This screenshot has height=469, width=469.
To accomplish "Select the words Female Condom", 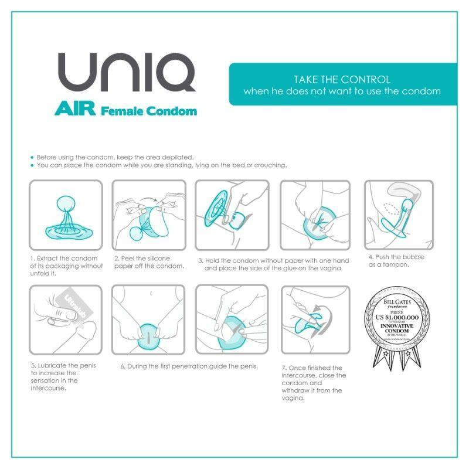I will [149, 110].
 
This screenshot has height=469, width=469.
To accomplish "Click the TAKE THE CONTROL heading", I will [342, 79].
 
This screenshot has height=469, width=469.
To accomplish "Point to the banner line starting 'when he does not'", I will [342, 91].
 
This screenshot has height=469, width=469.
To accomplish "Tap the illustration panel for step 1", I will [66, 215].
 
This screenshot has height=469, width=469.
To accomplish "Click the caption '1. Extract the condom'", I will [66, 266].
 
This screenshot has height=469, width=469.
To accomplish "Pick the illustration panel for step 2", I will [149, 215].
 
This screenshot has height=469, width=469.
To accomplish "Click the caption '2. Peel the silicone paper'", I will [149, 262].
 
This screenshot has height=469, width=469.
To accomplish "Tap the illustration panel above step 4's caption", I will [399, 215].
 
